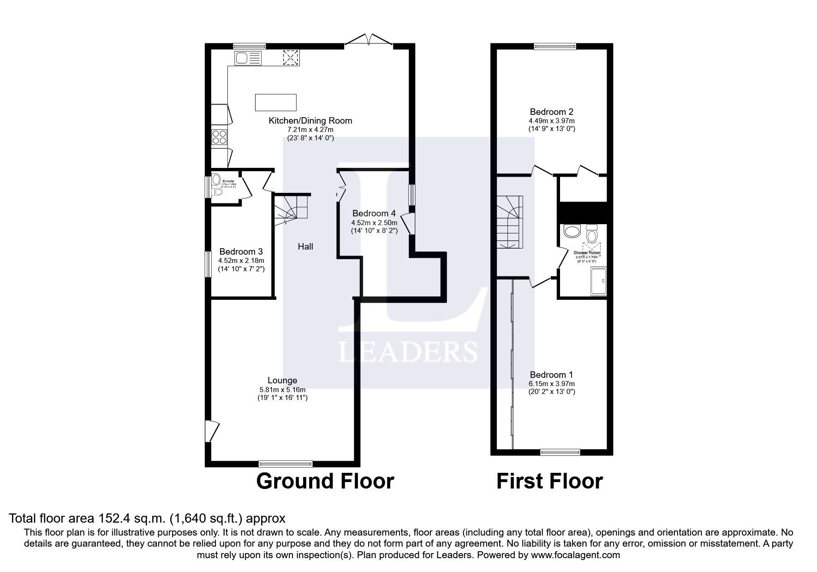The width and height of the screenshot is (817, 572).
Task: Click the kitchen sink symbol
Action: (248, 58)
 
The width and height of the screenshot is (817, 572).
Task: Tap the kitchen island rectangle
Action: (275, 102)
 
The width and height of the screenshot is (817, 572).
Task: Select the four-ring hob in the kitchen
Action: (219, 137)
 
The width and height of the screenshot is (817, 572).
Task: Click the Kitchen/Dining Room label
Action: (310, 121)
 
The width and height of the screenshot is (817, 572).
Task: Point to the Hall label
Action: (305, 247)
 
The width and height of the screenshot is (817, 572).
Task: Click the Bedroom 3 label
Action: (241, 252)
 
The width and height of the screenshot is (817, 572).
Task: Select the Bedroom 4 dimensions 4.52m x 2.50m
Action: (374, 222)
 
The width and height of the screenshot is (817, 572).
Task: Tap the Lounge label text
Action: (282, 381)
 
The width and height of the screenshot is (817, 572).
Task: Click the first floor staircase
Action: (509, 222)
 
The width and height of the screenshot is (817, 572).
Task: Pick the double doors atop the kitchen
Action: (369, 41)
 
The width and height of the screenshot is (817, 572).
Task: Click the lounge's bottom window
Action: (286, 464)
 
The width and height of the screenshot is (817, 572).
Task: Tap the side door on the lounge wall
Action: (211, 431)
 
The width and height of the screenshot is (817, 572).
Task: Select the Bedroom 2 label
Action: (551, 112)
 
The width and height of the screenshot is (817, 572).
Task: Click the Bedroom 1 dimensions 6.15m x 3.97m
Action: (551, 384)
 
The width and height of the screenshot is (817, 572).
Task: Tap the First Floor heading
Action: (549, 481)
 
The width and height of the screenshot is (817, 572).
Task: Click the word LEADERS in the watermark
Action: (408, 352)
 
